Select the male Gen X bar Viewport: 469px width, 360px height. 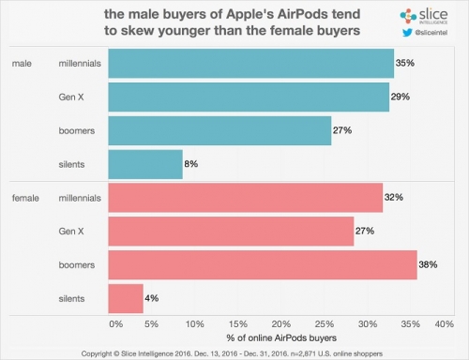tap(249, 97)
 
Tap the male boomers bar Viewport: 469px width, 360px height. tap(219, 130)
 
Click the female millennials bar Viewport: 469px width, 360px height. tap(246, 198)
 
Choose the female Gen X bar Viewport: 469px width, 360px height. tap(231, 231)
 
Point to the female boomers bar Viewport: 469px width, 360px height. tap(263, 264)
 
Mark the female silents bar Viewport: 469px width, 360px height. tap(126, 298)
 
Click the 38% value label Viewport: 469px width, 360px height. tap(430, 264)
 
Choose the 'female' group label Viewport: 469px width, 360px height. tap(26, 198)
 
